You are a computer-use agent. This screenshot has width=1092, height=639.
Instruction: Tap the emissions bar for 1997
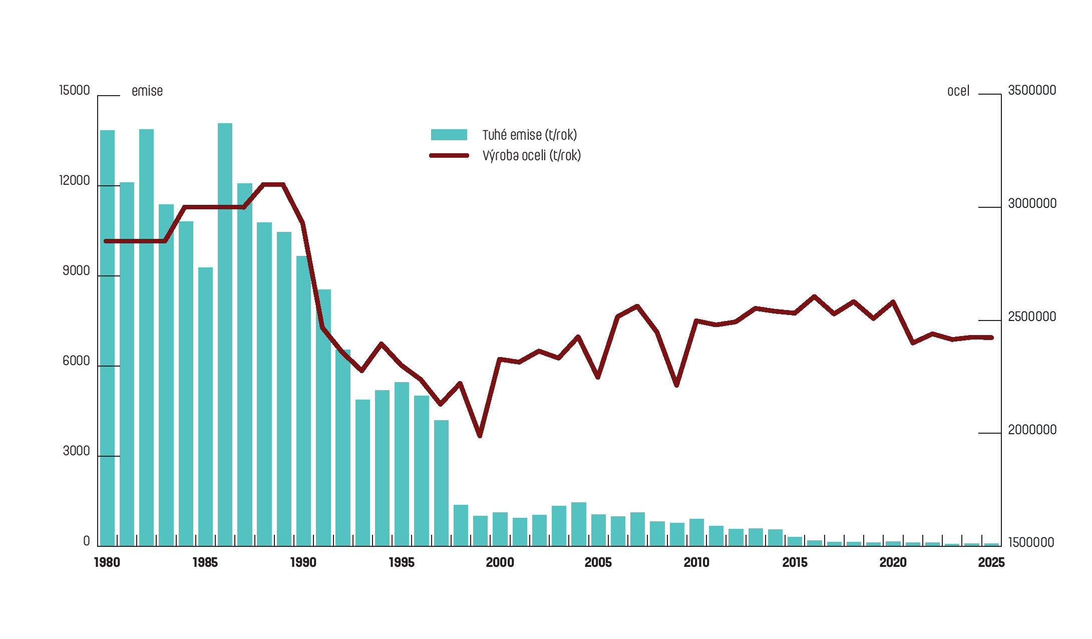click(441, 481)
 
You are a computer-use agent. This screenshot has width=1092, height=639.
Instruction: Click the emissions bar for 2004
click(578, 523)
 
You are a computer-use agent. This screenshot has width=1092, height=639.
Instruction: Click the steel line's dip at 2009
click(676, 385)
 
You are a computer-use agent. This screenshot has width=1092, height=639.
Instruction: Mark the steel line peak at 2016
click(814, 296)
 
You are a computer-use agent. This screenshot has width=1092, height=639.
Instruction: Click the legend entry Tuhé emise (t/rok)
click(529, 135)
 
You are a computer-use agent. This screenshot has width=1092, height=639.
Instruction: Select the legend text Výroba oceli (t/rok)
click(531, 156)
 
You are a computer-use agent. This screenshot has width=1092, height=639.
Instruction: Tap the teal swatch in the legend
click(449, 135)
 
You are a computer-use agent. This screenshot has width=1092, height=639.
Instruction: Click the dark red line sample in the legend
click(449, 156)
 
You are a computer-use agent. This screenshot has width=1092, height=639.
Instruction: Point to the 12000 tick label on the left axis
click(75, 181)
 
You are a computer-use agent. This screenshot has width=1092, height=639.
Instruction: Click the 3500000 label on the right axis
click(1032, 91)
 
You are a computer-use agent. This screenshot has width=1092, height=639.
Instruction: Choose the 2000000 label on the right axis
click(1032, 430)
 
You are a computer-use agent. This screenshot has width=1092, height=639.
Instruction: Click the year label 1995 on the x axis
click(402, 563)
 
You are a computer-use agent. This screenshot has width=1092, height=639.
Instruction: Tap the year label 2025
click(991, 563)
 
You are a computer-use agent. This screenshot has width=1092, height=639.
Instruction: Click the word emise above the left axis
click(147, 91)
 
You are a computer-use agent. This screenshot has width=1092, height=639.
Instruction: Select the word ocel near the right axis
click(958, 91)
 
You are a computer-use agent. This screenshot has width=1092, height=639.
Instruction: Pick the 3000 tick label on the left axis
click(76, 451)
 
